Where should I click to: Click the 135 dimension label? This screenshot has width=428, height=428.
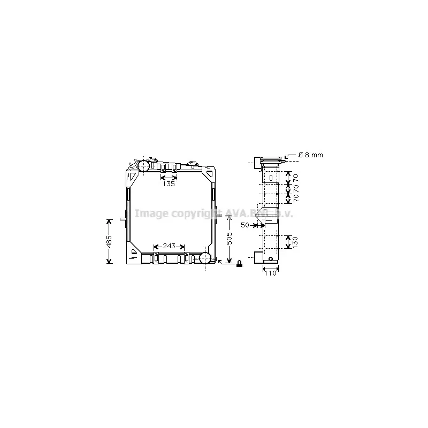click(x=169, y=184)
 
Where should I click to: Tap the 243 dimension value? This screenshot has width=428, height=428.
click(x=169, y=246)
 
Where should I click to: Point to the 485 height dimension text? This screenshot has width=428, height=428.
click(x=109, y=241)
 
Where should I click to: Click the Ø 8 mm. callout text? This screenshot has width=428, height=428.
click(x=311, y=155)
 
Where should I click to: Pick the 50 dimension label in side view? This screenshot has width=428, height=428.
click(x=245, y=225)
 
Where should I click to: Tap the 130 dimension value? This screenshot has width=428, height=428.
click(x=294, y=242)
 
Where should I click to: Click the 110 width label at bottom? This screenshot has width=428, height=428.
click(x=270, y=273)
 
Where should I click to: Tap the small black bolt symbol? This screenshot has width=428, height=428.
click(x=239, y=263)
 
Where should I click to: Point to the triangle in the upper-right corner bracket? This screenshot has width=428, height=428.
click(x=209, y=174)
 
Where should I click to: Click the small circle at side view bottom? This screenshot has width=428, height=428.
click(x=271, y=259)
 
